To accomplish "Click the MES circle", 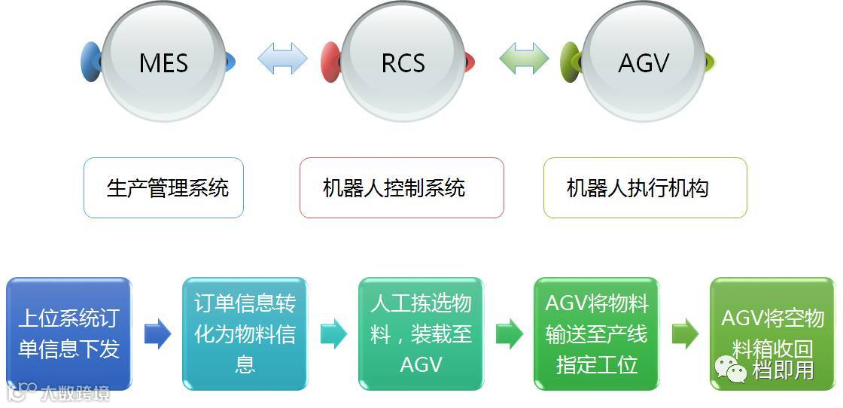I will [x=163, y=62].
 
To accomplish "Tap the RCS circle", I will [x=403, y=62].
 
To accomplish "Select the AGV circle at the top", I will [x=644, y=62].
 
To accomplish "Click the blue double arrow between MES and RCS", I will [x=282, y=59].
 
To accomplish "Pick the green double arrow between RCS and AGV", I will [x=524, y=59].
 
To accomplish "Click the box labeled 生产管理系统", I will [x=163, y=187].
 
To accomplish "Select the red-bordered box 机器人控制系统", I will [x=401, y=187].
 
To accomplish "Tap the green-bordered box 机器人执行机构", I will [x=644, y=187].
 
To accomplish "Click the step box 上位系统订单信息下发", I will [x=68, y=333].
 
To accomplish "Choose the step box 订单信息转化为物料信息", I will [x=245, y=333].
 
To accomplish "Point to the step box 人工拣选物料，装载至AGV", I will [x=421, y=333].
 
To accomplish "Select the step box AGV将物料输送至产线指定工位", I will [x=597, y=333].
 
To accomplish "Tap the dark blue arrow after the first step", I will [x=157, y=333].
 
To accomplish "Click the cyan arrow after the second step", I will [x=333, y=333].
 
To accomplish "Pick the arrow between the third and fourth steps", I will [x=509, y=333].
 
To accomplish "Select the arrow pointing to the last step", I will [x=685, y=333].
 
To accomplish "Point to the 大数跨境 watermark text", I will [x=74, y=392].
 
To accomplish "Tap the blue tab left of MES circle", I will [x=90, y=62].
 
